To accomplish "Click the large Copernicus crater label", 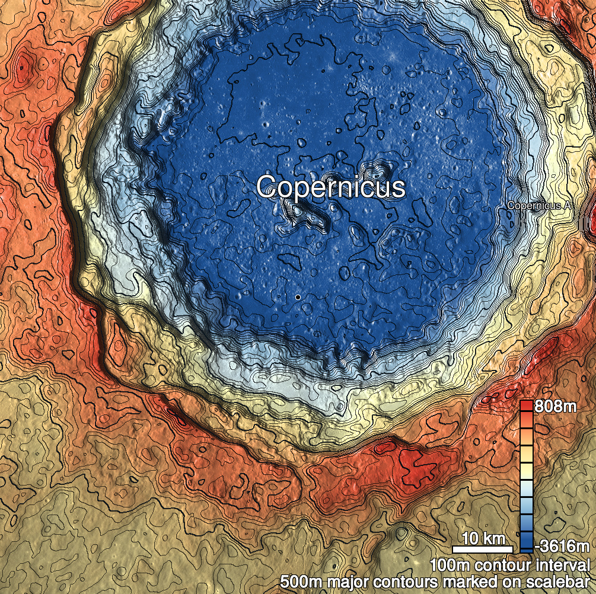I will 331,187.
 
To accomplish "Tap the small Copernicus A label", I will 538,205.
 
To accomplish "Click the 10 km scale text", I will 483,539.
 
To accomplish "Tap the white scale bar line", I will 483,548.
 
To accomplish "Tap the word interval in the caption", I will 562,564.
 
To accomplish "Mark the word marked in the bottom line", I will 464,582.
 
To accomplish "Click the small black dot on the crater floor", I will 298,296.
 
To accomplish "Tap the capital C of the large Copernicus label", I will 266,187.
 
